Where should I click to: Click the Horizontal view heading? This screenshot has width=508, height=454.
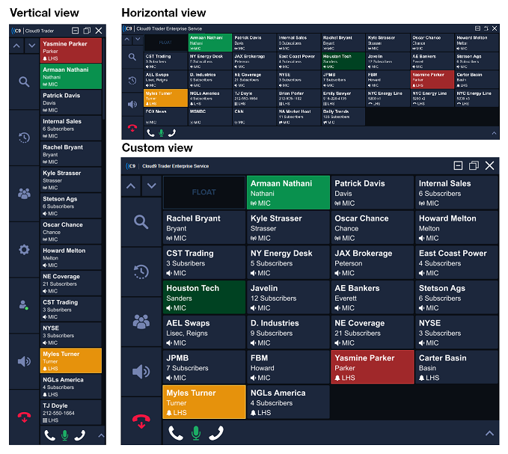pos(163,13)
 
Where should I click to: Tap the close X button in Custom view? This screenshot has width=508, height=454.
pos(490,165)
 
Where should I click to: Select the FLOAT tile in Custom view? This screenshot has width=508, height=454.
pos(203,192)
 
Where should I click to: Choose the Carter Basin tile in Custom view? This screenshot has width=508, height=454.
pos(456,367)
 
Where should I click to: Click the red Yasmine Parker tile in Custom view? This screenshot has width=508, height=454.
pos(371,367)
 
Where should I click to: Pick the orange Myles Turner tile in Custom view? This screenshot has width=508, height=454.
pos(203,402)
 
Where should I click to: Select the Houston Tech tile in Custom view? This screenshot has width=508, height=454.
pos(203,297)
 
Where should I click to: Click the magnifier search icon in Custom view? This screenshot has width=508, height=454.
pos(141,221)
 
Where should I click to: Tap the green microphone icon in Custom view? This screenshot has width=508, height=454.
pos(195,432)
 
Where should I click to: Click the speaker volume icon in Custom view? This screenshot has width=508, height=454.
pos(141,371)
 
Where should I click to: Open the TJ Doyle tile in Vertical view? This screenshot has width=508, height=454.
pos(71,411)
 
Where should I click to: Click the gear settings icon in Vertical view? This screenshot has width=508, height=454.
pos(24,249)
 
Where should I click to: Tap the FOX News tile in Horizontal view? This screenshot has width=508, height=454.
pos(165,116)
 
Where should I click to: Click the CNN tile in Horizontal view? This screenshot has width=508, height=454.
pos(254,116)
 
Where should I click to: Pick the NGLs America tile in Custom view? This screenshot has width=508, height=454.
pos(287,402)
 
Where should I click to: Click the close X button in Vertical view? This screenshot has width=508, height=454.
pos(99,31)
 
